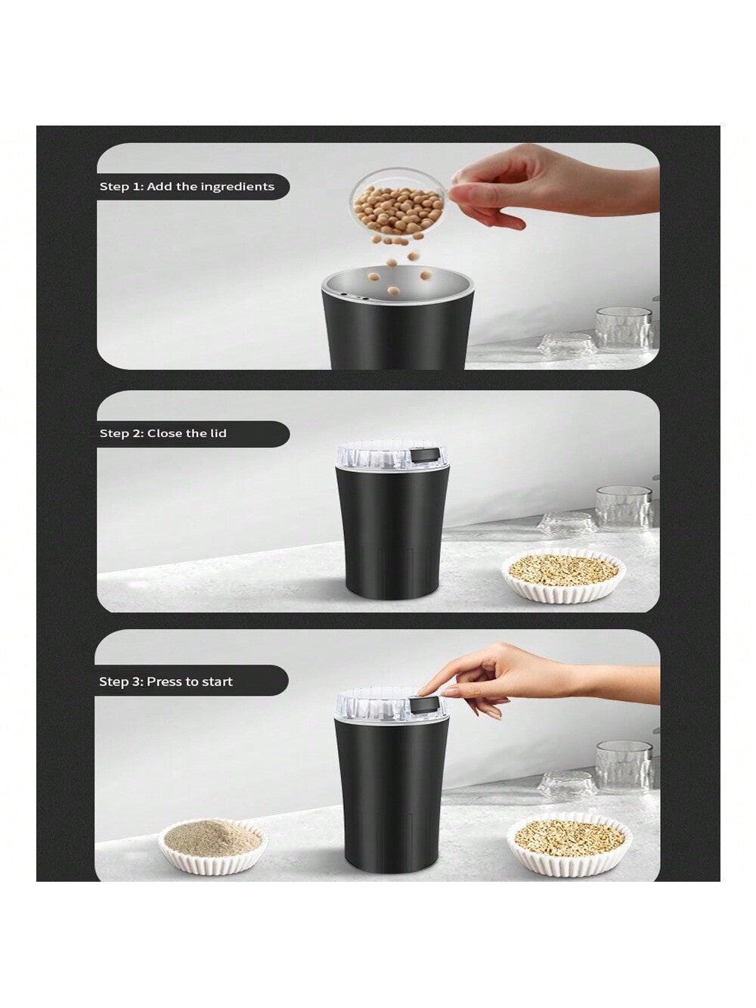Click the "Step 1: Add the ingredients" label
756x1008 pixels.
click(187, 187)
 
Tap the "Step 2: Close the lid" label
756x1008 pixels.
click(163, 433)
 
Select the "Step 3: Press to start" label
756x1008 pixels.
click(166, 681)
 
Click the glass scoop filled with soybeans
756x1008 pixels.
click(398, 210)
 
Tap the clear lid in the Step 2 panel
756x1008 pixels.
click(392, 456)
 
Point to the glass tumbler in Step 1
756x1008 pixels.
click(624, 329)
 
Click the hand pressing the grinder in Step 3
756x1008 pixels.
click(537, 675)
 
